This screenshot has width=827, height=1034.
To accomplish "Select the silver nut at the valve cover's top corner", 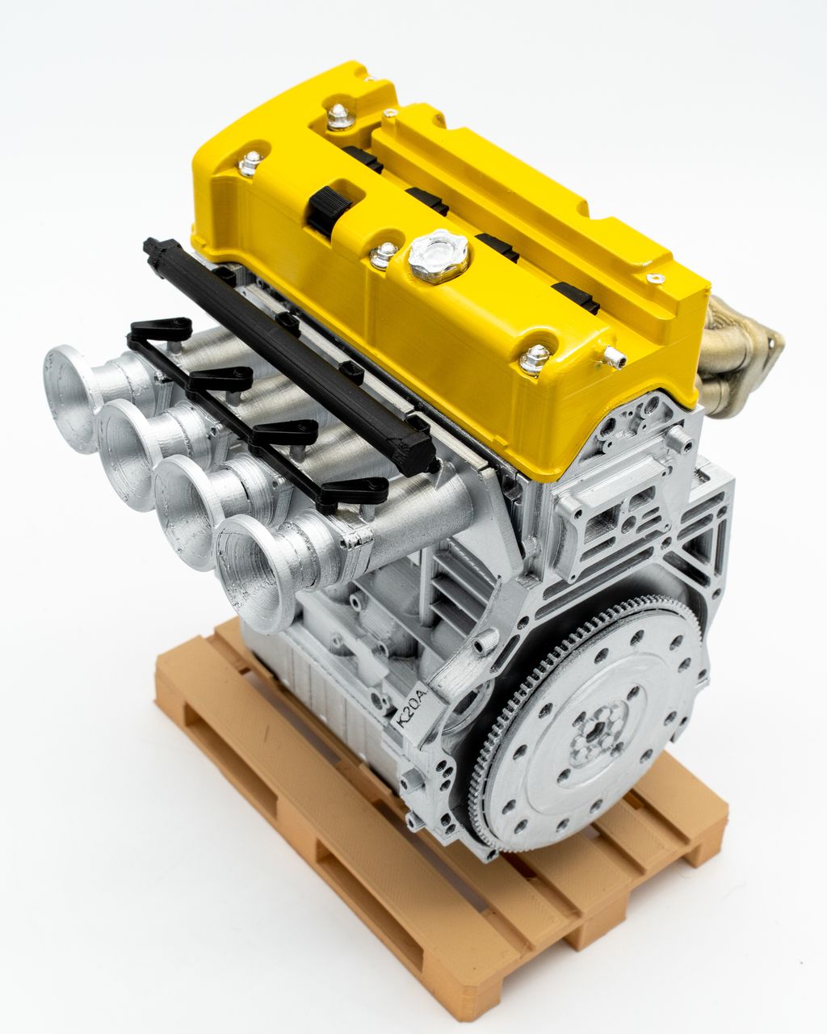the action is [x=340, y=117].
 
